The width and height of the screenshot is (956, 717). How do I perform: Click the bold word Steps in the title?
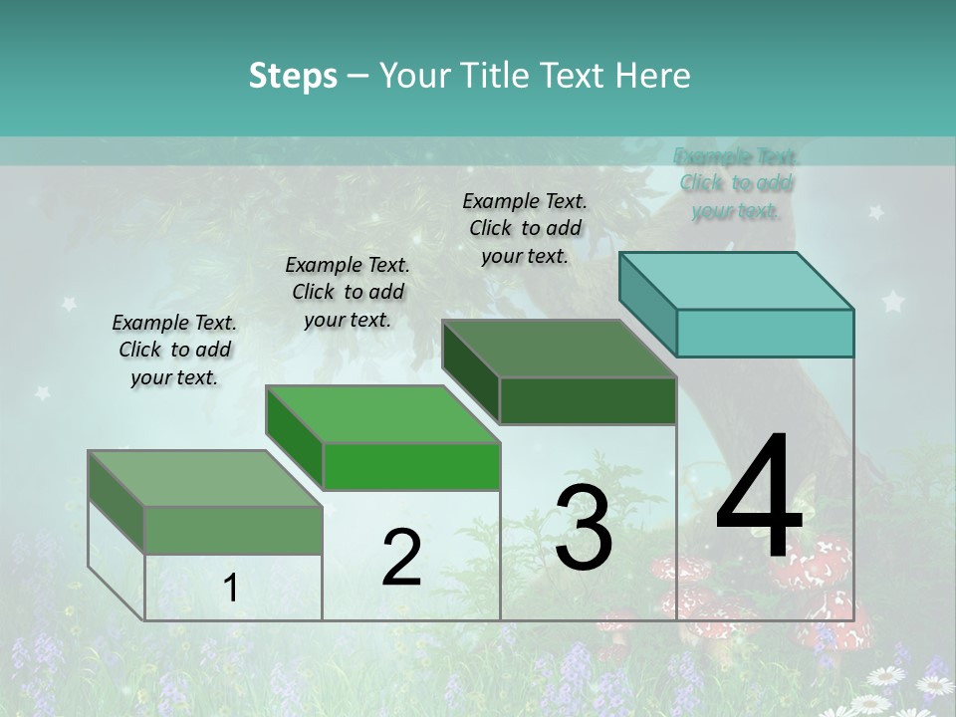(293, 76)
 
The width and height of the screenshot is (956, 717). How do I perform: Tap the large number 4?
(759, 498)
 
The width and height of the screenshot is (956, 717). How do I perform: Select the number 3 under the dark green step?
(584, 527)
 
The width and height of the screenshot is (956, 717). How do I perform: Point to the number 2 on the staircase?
(401, 558)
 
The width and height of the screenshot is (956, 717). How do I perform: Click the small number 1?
(231, 589)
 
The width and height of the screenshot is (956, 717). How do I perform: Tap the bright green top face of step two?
(382, 414)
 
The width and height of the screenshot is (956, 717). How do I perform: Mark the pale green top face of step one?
(205, 479)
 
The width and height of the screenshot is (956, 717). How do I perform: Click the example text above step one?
(174, 350)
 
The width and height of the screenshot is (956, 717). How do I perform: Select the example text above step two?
(348, 292)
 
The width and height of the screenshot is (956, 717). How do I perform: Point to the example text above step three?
(525, 228)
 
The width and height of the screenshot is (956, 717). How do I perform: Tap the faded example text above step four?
(736, 183)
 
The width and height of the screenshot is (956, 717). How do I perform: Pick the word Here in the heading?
(653, 76)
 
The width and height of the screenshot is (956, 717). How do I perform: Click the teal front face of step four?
(765, 333)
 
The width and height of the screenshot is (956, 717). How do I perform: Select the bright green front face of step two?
(411, 466)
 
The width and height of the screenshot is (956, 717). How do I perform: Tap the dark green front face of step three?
(588, 400)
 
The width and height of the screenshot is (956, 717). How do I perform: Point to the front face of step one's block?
(233, 530)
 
